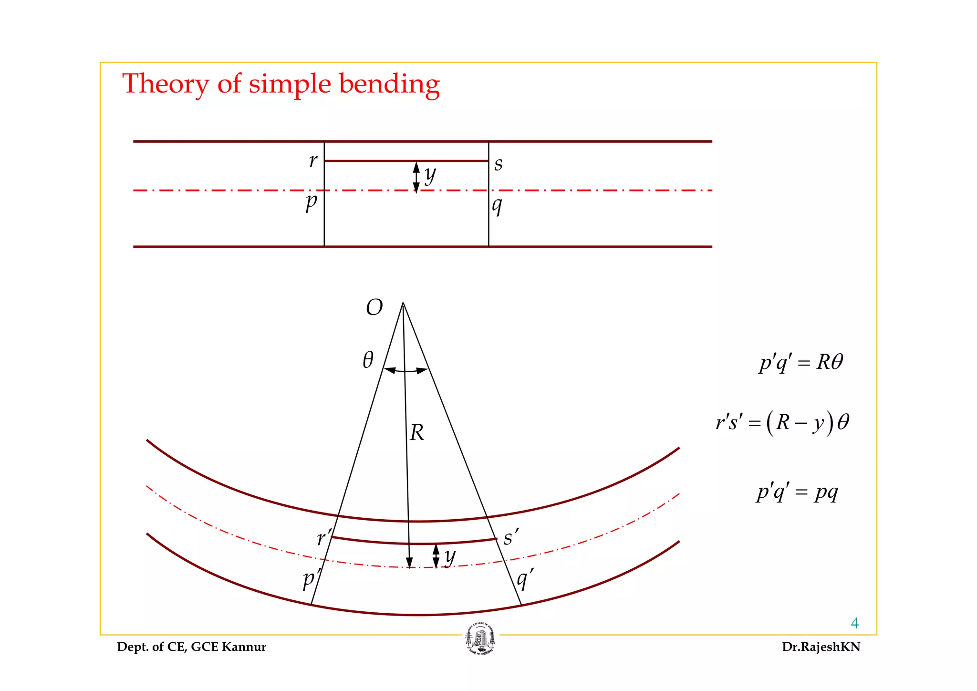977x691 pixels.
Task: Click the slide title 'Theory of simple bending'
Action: [281, 84]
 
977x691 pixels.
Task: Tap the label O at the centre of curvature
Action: [374, 308]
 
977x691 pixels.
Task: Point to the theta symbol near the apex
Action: [368, 360]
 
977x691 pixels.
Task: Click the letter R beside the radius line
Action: [417, 433]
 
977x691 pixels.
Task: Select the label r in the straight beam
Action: [313, 161]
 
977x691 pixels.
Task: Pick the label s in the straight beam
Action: [499, 164]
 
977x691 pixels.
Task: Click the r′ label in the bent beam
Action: [324, 538]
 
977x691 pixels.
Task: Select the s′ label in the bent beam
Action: [511, 537]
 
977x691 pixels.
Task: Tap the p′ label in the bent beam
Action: [312, 579]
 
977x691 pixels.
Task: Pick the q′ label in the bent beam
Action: [525, 579]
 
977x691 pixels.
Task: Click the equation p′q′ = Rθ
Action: [801, 362]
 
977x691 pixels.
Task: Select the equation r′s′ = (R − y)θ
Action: [782, 423]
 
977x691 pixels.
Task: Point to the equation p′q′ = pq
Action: [797, 492]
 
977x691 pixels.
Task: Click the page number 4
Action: [854, 623]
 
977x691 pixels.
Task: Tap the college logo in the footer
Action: [480, 639]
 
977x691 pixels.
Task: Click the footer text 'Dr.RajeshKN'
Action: [821, 647]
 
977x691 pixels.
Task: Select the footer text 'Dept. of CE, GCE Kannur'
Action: [192, 647]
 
